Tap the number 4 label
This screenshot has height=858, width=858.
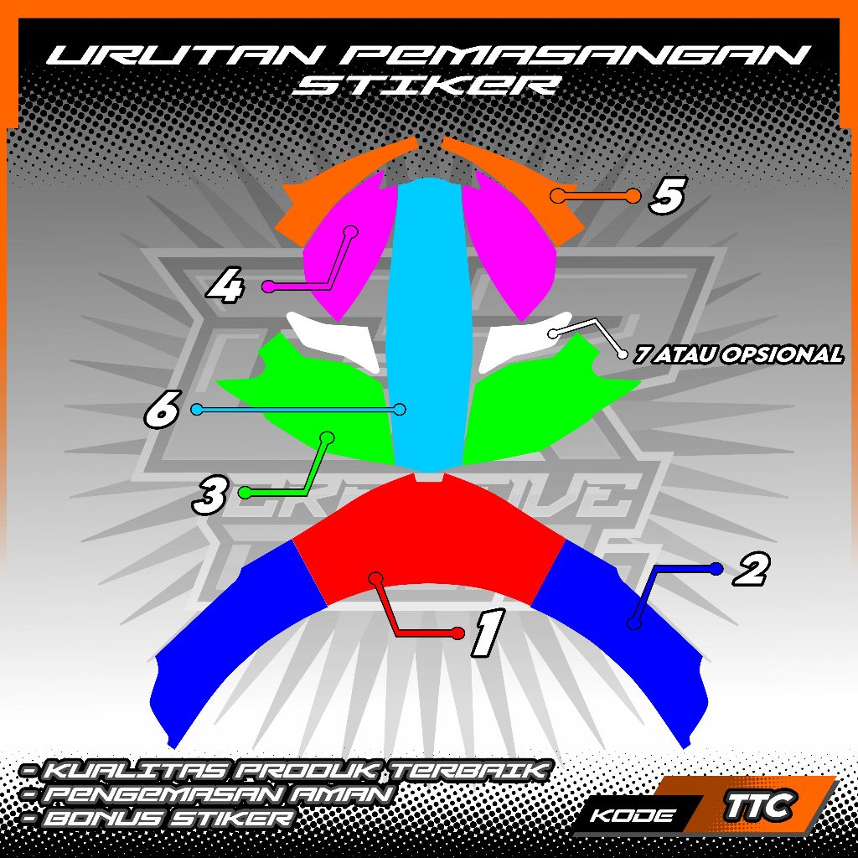(x=226, y=288)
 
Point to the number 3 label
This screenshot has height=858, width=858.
(x=209, y=495)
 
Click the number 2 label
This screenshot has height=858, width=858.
(x=750, y=571)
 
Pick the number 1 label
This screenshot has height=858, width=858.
(x=487, y=633)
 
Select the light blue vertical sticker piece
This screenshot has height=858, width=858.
(x=429, y=318)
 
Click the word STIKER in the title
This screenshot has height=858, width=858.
(x=428, y=85)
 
